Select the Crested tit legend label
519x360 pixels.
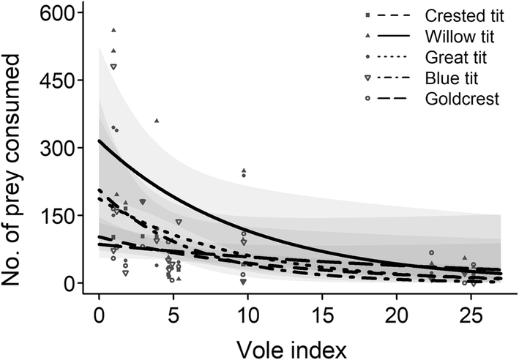(463, 15)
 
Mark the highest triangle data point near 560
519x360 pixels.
(113, 30)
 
